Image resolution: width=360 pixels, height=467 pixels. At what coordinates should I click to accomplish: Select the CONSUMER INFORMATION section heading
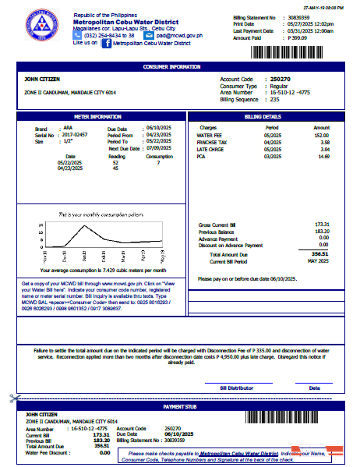(x=180, y=67)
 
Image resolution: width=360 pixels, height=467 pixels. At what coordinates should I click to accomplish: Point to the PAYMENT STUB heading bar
(x=180, y=406)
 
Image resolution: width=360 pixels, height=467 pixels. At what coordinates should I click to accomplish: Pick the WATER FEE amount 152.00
(x=321, y=135)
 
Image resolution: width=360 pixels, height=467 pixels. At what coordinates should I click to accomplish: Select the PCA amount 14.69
(x=322, y=156)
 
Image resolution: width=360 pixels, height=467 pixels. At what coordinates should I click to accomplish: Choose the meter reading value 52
(x=115, y=162)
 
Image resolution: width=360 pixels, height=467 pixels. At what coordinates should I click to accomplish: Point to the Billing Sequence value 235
(x=274, y=100)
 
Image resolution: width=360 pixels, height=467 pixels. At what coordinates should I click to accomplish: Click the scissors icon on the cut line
(x=13, y=398)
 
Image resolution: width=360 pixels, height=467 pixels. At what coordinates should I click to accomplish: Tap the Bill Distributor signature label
(x=236, y=387)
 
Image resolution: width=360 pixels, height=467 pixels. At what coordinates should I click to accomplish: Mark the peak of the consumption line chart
(x=73, y=225)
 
